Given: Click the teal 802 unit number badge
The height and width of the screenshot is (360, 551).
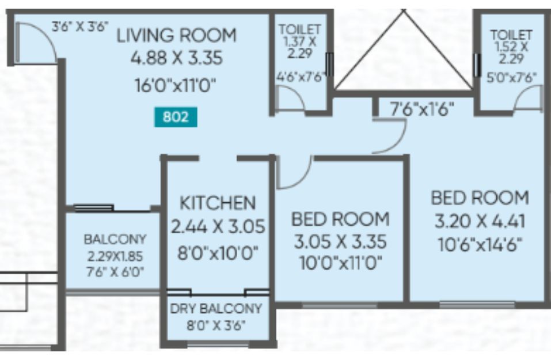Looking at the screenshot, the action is click(x=176, y=117).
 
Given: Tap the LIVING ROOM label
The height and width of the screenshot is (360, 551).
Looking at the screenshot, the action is click(x=176, y=36).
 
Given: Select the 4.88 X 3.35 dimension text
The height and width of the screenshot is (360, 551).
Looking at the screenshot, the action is click(x=177, y=58).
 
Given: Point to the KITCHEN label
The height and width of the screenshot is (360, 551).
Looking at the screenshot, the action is click(x=218, y=203).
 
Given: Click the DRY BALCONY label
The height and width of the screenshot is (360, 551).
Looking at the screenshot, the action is click(x=216, y=309).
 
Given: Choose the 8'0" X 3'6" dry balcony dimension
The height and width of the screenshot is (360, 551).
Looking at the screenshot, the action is click(x=215, y=325).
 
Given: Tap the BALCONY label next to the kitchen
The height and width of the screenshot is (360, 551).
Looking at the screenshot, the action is click(x=115, y=240).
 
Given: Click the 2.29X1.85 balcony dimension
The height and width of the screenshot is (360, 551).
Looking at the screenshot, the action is click(x=115, y=256).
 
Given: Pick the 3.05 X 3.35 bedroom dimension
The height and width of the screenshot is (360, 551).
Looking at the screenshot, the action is click(x=340, y=241).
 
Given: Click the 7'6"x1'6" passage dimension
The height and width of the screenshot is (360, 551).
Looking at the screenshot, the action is click(x=422, y=109).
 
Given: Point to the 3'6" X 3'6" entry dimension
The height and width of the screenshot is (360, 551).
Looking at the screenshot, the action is click(x=80, y=26).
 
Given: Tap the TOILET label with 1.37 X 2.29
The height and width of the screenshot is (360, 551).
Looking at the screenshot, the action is click(x=300, y=29).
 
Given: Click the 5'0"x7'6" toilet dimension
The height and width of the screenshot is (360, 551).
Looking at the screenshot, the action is click(x=511, y=77).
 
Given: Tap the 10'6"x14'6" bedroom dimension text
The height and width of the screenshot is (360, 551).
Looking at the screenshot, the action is click(x=480, y=244).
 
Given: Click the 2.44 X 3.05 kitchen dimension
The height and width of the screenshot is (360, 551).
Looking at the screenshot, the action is click(x=218, y=226).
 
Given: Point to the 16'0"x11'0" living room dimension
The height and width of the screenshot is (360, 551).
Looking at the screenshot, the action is click(x=176, y=85).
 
